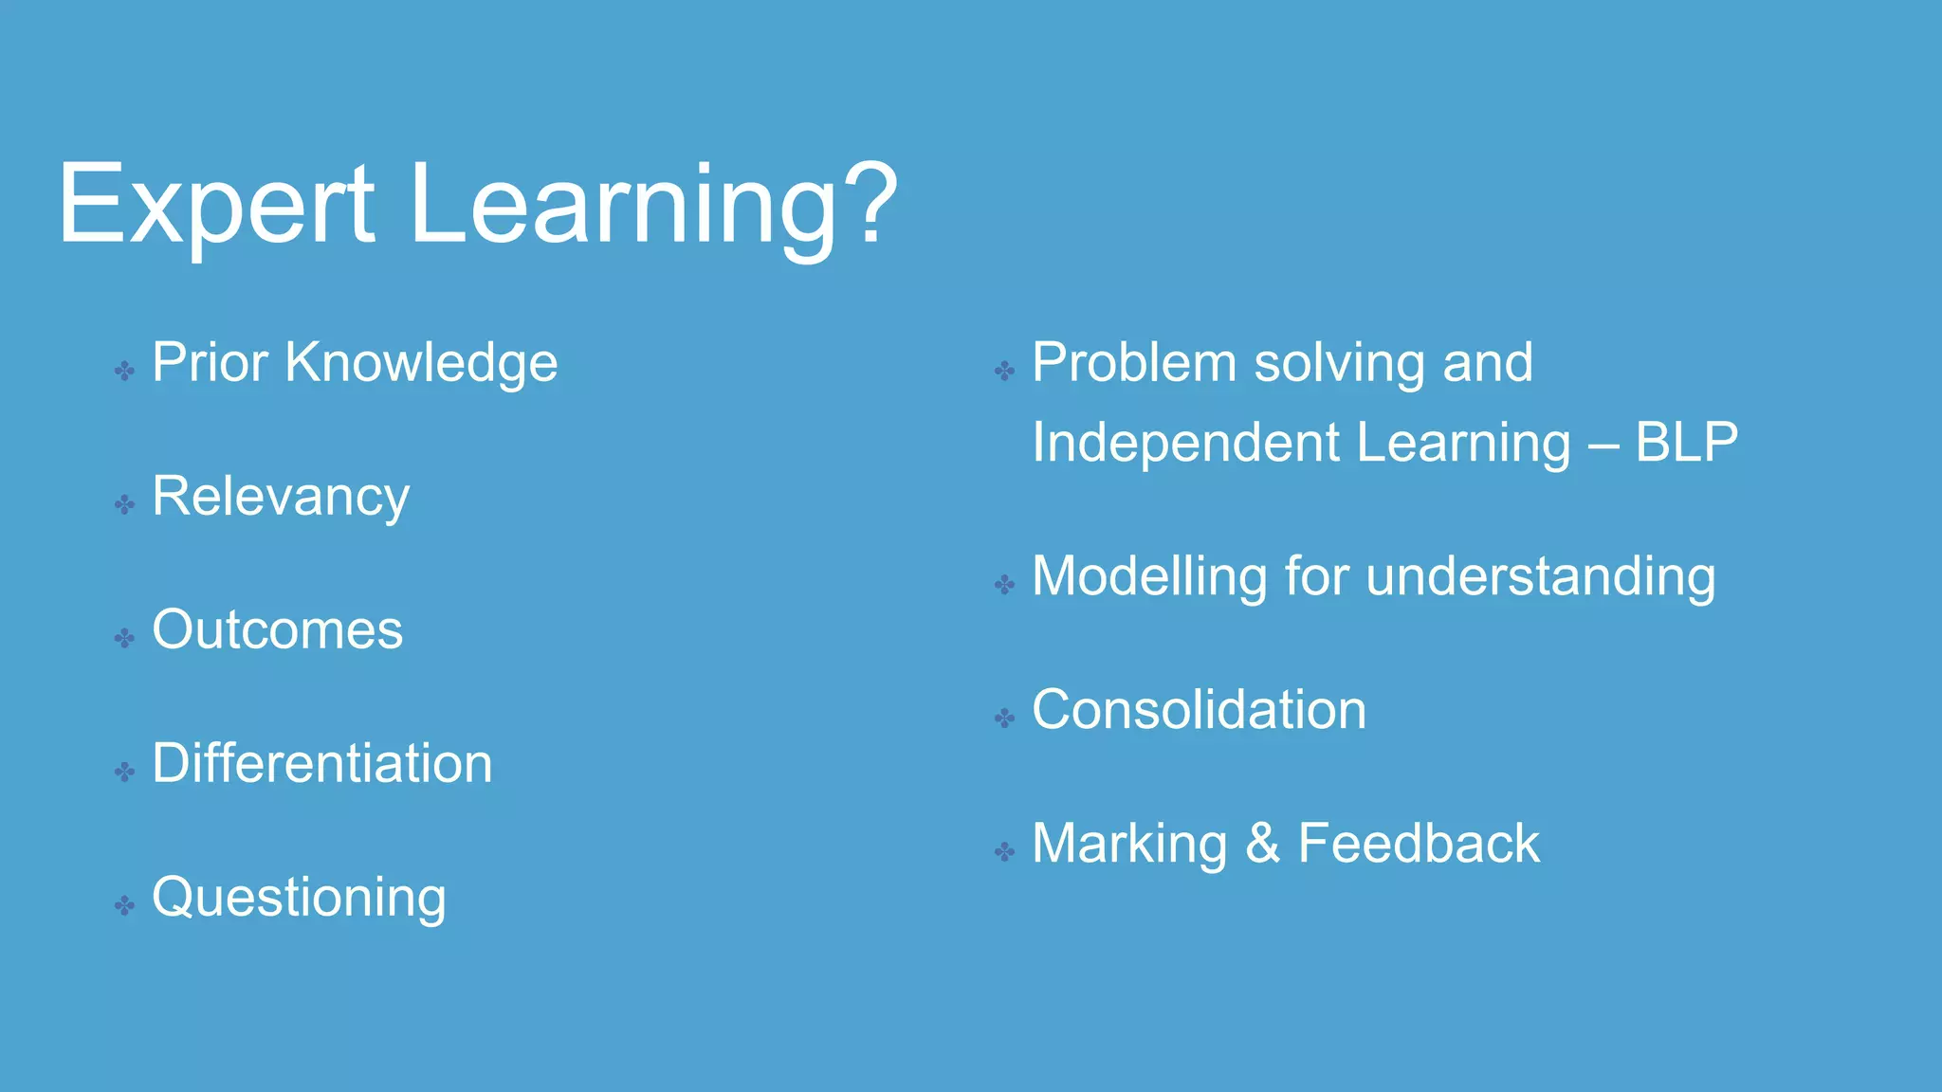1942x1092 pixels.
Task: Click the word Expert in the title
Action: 216,205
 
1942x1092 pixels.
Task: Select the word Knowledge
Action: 422,363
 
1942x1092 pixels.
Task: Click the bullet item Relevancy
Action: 281,497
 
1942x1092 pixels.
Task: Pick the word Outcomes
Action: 277,630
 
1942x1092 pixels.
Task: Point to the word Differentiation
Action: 322,764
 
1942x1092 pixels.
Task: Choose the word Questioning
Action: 299,898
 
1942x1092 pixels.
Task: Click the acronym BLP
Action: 1687,443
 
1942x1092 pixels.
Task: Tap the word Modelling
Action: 1148,576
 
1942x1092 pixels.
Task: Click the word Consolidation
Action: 1199,710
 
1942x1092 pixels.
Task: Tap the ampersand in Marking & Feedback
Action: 1262,844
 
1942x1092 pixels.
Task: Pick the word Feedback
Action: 1419,844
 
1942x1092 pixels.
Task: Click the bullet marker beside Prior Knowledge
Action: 124,371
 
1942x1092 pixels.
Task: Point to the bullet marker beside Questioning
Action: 124,905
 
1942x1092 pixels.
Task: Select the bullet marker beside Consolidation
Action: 1004,719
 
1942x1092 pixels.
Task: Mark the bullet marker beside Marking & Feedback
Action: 1004,852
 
